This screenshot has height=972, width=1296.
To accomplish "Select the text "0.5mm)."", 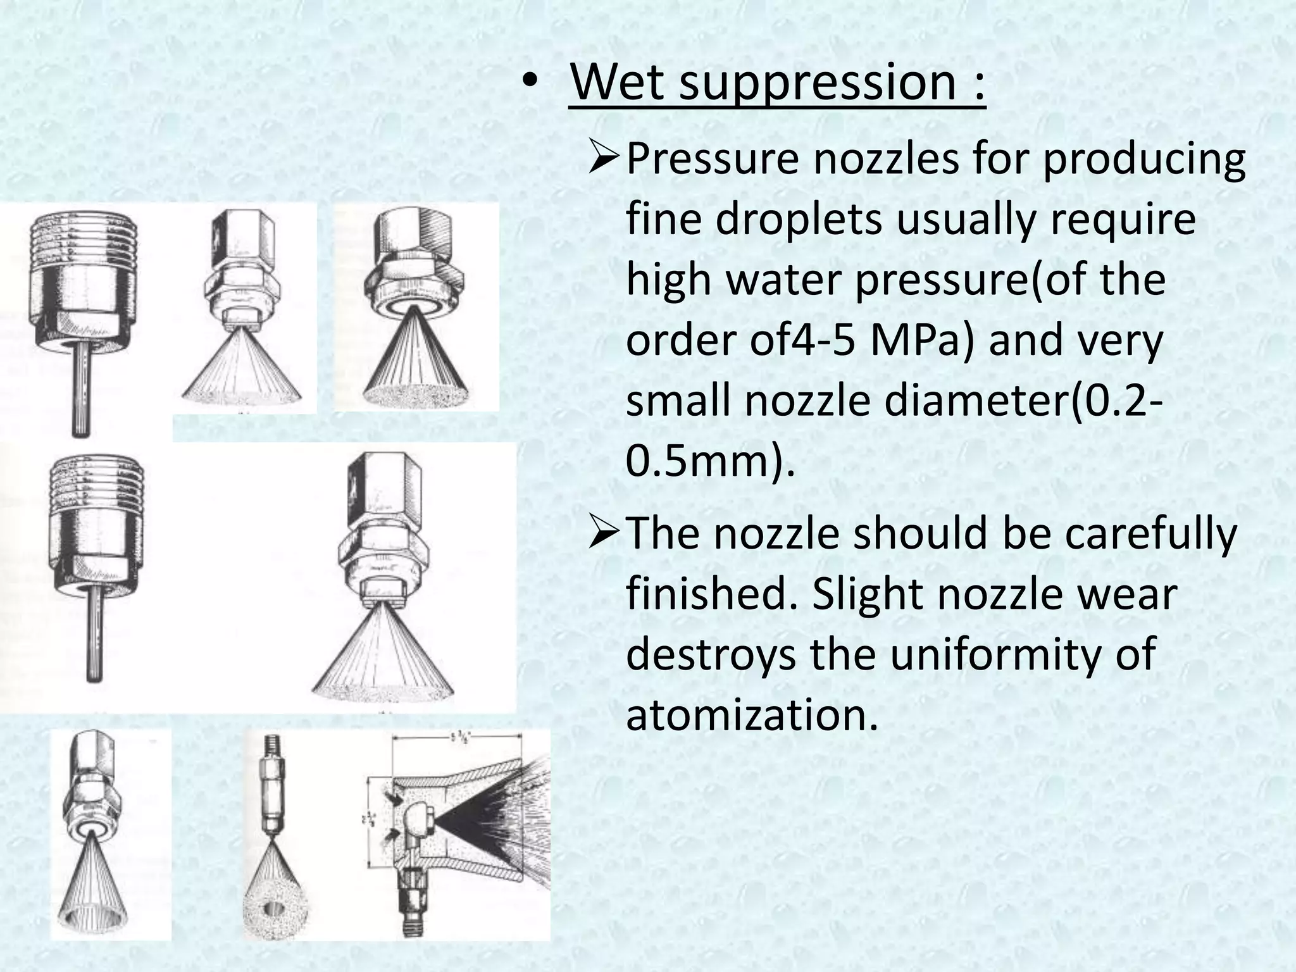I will [x=709, y=463].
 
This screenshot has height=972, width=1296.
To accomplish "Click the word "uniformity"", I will [x=999, y=655].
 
